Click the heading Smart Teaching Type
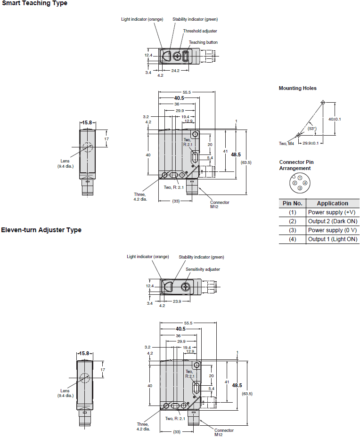(x=34, y=3)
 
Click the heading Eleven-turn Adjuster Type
(x=41, y=230)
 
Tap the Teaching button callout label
(x=203, y=42)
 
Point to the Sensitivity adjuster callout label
(x=203, y=269)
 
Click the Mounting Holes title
(x=297, y=88)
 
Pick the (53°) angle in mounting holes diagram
(x=312, y=128)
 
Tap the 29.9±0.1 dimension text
(x=311, y=143)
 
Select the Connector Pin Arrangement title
(x=296, y=165)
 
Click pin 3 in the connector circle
(x=300, y=188)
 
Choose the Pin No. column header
(x=292, y=203)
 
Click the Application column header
(x=332, y=203)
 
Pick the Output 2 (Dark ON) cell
(x=332, y=221)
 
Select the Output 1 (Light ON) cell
(x=332, y=239)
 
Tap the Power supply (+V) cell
(x=332, y=212)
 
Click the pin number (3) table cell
(x=292, y=230)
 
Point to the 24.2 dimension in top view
(x=175, y=71)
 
